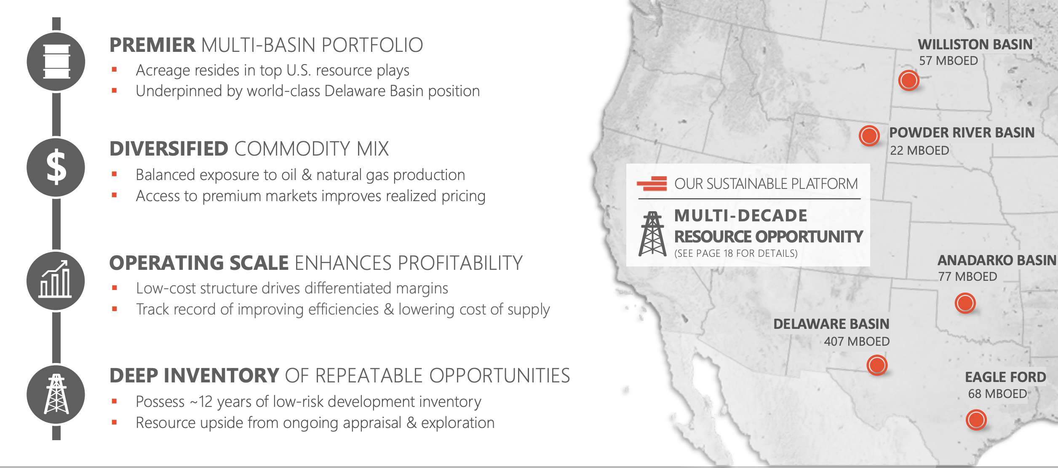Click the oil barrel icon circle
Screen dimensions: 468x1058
[x=56, y=62]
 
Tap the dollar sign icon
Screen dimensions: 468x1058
[x=56, y=167]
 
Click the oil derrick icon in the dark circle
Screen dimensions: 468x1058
[x=56, y=394]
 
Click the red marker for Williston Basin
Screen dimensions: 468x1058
[x=908, y=80]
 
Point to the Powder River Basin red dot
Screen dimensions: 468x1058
[x=869, y=135]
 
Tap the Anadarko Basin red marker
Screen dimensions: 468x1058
[x=965, y=303]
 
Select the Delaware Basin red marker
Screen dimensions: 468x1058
[x=877, y=365]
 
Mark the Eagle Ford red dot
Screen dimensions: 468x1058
[x=976, y=420]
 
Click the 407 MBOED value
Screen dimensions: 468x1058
[x=857, y=342]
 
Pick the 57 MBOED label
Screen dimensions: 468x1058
[x=948, y=61]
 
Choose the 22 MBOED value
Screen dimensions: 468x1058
[x=919, y=151]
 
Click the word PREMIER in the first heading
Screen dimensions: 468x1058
[x=152, y=45]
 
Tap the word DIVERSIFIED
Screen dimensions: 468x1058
[x=169, y=149]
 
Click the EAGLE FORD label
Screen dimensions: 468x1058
[x=1005, y=377]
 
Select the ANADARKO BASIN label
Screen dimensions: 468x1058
[x=997, y=261]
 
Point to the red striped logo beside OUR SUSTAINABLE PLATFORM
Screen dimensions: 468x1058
[x=652, y=184]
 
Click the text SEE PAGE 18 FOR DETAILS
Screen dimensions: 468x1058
[x=736, y=253]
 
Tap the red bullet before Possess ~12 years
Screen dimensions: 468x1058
[x=114, y=401]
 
